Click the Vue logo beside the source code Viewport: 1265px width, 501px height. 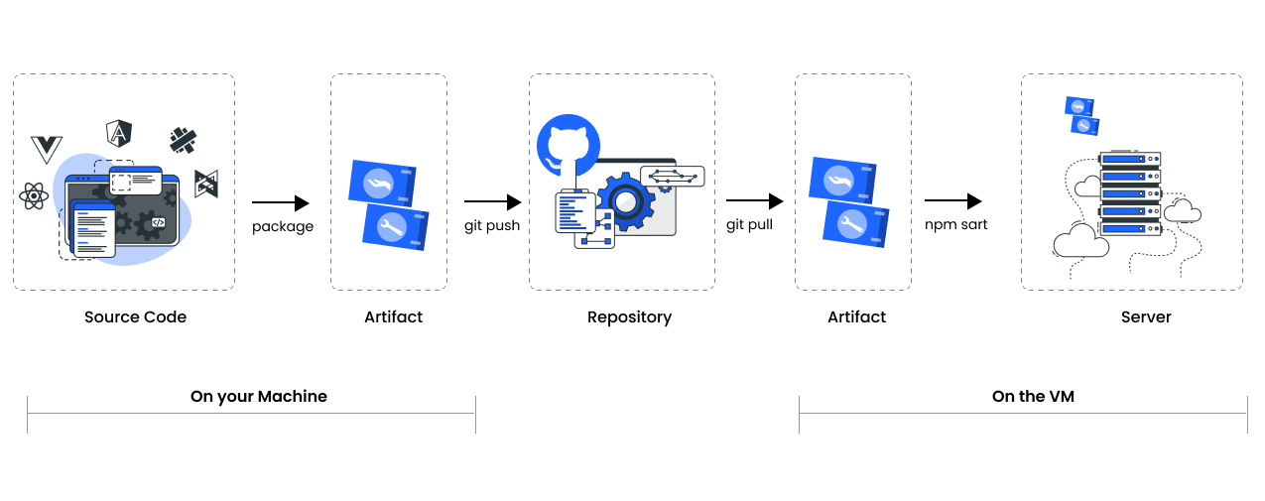coord(47,149)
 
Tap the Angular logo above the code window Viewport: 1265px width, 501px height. coord(119,133)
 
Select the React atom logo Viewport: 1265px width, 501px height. coord(34,195)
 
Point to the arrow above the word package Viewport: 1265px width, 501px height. coord(281,203)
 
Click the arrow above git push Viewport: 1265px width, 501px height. coord(492,202)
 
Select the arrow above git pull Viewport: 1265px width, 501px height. coord(754,202)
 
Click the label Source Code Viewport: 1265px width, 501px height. coord(135,317)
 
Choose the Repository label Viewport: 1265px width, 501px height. coord(629,317)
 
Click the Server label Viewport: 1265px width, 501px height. coord(1146,317)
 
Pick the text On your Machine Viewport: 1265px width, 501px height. coord(259,397)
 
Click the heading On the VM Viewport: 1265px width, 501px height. coord(1033,397)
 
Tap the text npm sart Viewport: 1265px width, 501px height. coord(956,225)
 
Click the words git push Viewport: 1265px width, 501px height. coord(492,226)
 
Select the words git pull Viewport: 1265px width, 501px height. coord(749,225)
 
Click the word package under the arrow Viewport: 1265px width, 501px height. coord(283,227)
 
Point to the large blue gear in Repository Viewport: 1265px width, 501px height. coord(625,202)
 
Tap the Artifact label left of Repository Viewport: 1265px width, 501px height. coord(393,317)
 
